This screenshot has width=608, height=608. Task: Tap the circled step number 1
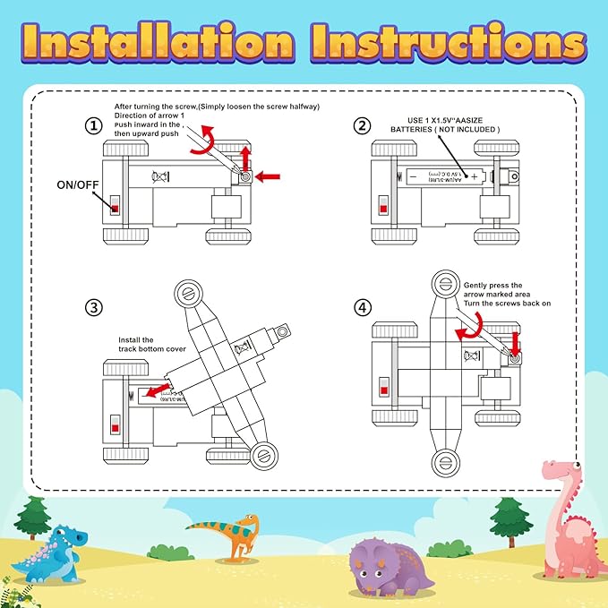(x=94, y=126)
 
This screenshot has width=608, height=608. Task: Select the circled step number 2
(x=362, y=126)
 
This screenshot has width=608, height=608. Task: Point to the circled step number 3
(x=94, y=307)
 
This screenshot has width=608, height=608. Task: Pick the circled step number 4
(x=362, y=307)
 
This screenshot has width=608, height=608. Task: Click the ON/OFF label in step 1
(x=78, y=186)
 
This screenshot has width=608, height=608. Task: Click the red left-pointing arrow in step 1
(x=268, y=177)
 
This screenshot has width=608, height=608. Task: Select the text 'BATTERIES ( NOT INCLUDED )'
(x=444, y=129)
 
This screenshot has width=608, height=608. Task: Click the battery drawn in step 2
(x=444, y=177)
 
